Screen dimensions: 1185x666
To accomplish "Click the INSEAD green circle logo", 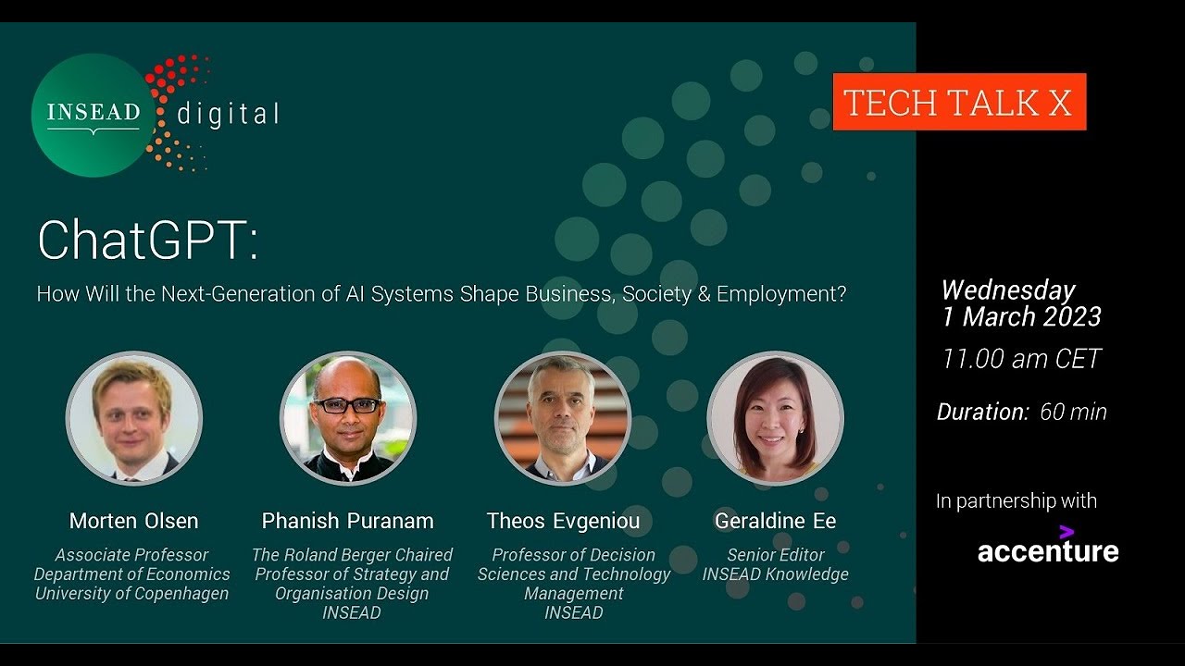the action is click(94, 116).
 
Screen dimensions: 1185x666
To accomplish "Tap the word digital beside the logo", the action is click(228, 115).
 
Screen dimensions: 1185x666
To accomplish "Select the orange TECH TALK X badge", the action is click(960, 102).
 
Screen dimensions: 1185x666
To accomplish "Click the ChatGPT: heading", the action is click(148, 240).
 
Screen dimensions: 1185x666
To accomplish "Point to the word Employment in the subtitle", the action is click(781, 294).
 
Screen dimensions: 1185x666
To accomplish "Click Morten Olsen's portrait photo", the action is click(134, 418).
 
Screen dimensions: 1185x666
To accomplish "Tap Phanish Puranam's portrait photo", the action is click(348, 418).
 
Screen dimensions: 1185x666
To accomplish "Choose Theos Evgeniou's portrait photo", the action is click(562, 418).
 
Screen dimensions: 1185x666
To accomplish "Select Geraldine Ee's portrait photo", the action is click(776, 418).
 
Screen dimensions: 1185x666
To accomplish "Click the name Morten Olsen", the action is click(134, 521).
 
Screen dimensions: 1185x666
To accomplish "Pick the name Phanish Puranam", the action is click(347, 521).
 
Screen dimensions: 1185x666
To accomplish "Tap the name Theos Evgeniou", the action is click(563, 521).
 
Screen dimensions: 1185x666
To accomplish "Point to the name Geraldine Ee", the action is click(776, 521).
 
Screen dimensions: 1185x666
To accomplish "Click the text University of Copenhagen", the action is click(131, 594).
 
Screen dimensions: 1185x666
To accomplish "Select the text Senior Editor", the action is click(776, 555).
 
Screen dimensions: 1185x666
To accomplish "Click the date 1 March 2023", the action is click(1021, 316).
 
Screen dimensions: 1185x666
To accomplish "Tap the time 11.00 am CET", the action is click(1021, 359).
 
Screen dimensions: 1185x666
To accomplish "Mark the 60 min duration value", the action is click(1073, 413).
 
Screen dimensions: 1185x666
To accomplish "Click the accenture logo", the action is click(1048, 546).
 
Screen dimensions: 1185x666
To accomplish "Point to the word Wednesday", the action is click(1008, 290).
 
